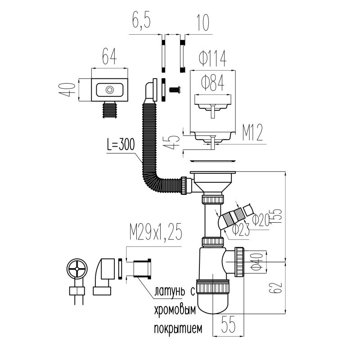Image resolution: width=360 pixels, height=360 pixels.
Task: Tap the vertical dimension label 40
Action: [x=68, y=90]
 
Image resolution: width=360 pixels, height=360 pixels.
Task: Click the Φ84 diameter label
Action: [x=213, y=82]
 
